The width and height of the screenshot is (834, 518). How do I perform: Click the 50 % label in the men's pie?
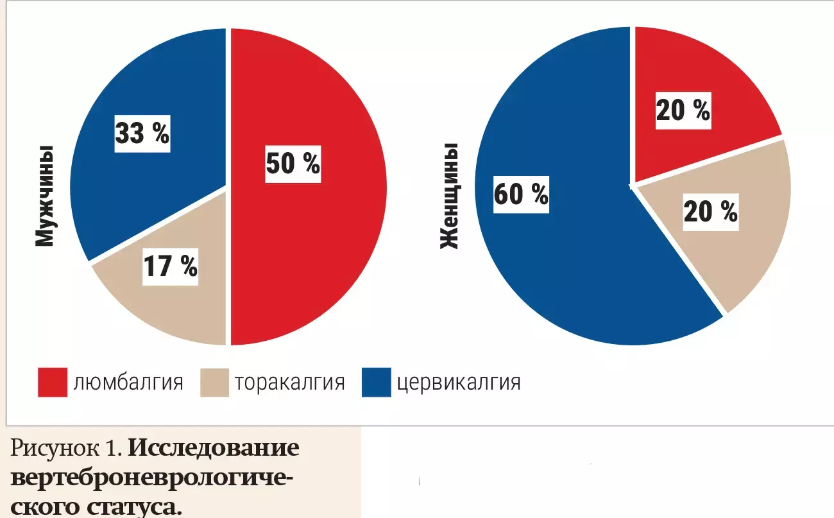click(x=293, y=164)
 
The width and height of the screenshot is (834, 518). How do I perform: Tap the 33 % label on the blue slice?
click(x=142, y=134)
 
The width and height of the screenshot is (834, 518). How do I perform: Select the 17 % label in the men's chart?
click(x=170, y=266)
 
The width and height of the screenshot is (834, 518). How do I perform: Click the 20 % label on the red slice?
click(x=683, y=111)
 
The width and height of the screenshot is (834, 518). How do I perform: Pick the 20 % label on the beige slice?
click(x=710, y=211)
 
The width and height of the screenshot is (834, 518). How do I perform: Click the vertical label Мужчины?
click(x=43, y=196)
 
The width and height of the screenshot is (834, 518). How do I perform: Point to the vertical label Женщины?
click(x=449, y=197)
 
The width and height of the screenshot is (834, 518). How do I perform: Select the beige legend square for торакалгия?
click(x=214, y=383)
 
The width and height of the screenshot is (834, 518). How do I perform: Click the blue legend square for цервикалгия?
click(x=376, y=383)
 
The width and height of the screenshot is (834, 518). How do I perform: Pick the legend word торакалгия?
click(x=289, y=383)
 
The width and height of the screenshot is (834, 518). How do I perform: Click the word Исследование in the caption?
click(x=214, y=448)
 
